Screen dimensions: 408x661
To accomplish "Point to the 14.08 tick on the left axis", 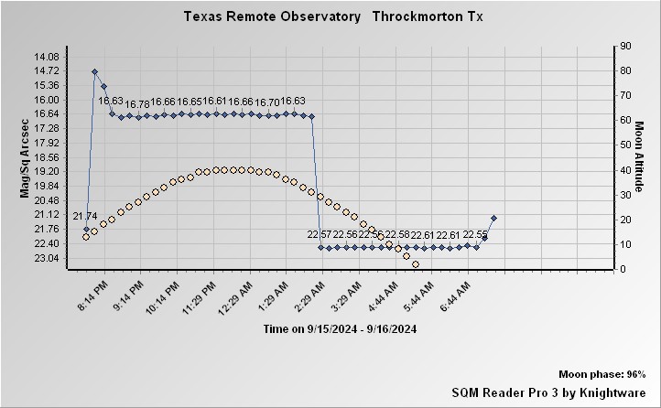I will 46,56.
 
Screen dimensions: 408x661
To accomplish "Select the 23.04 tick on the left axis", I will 46,258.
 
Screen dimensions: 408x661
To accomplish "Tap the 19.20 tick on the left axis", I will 46,171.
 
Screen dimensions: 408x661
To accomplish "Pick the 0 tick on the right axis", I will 623,269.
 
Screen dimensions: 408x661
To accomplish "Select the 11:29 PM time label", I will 200,294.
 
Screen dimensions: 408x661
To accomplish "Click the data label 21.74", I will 85,216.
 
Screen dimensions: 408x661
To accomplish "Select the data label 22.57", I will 319,235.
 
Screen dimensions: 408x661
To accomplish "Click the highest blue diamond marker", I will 94,71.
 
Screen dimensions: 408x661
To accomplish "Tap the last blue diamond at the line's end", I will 493,218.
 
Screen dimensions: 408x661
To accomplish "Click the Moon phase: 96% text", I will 601,375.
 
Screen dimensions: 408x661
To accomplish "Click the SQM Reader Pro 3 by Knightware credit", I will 548,392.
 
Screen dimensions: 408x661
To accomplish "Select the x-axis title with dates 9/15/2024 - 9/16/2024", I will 340,328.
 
